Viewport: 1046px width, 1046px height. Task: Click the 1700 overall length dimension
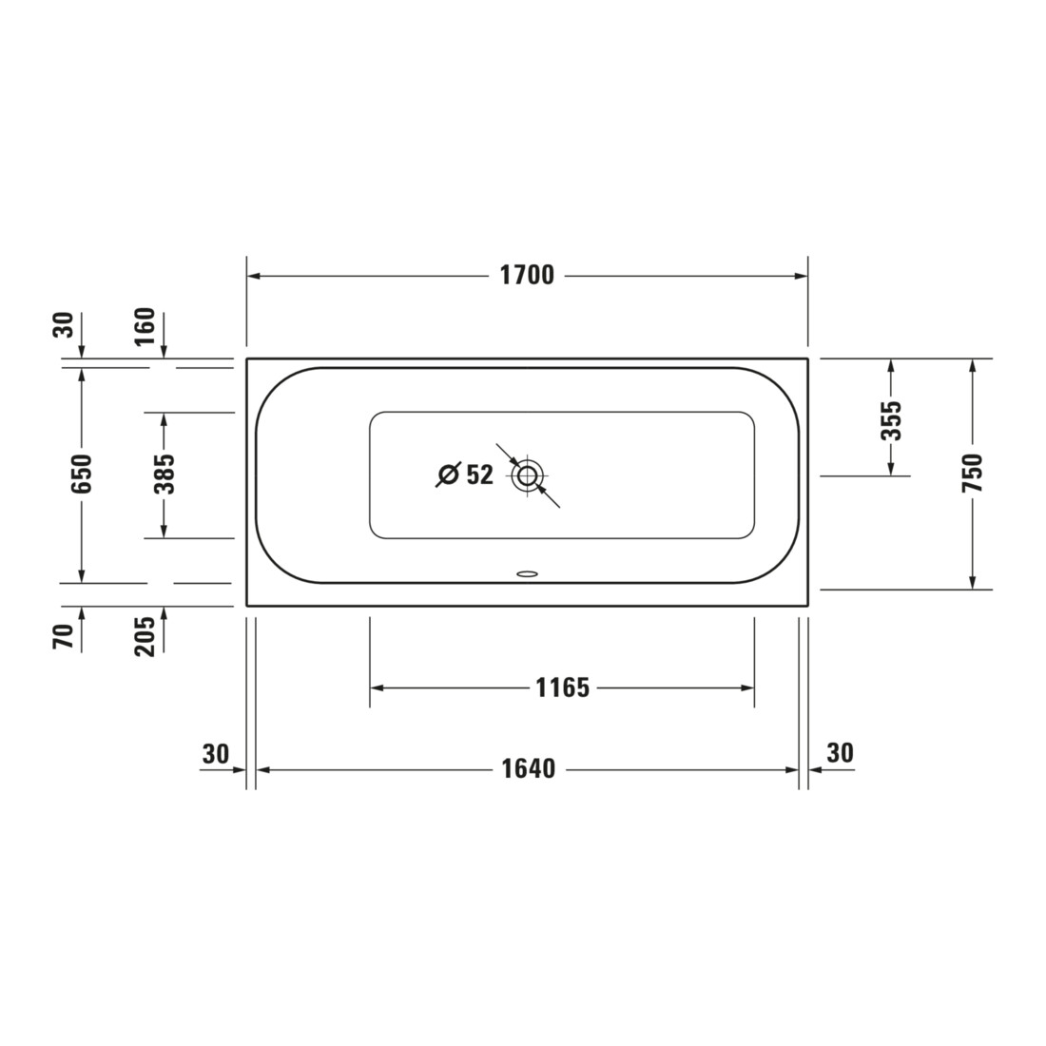527,275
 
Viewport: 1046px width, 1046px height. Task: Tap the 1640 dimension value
529,768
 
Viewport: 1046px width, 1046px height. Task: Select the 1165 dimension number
563,688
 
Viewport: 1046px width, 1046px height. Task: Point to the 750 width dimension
973,473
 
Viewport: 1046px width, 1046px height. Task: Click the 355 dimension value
891,420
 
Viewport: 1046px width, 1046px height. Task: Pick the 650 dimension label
82,474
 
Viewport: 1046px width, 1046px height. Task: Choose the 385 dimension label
165,474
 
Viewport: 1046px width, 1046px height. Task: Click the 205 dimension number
145,636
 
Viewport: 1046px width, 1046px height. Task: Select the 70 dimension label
63,636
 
